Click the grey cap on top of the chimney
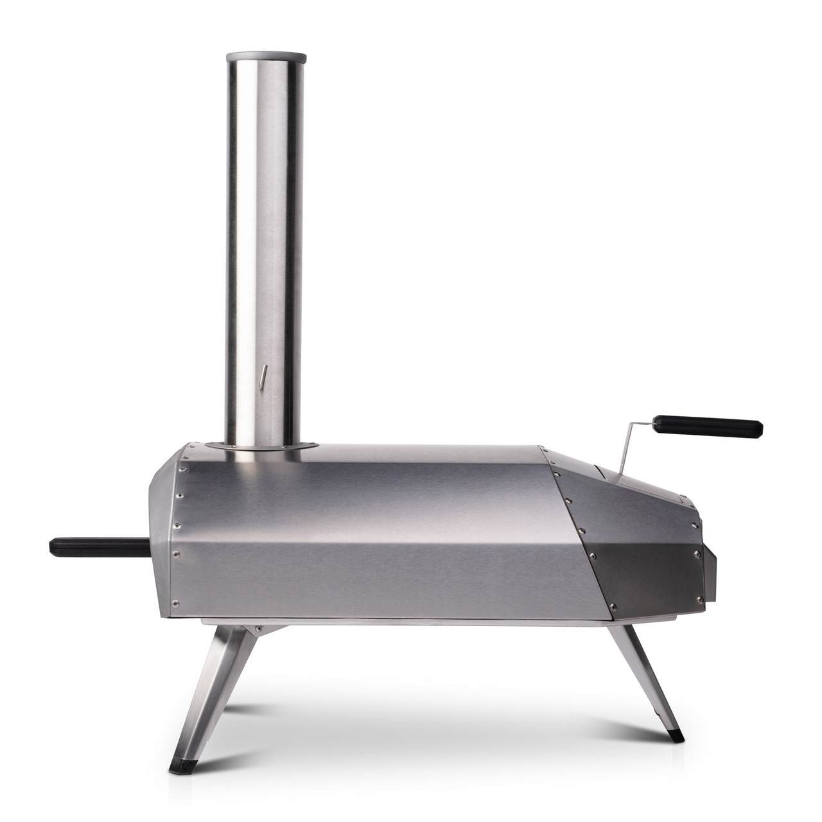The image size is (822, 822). click(x=264, y=57)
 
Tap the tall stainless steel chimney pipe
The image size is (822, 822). click(x=264, y=244)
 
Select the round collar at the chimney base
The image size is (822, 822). click(x=264, y=445)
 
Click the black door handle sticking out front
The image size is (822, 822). click(x=96, y=547)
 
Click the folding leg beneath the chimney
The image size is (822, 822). click(x=212, y=694)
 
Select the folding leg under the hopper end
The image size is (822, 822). click(x=642, y=681)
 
